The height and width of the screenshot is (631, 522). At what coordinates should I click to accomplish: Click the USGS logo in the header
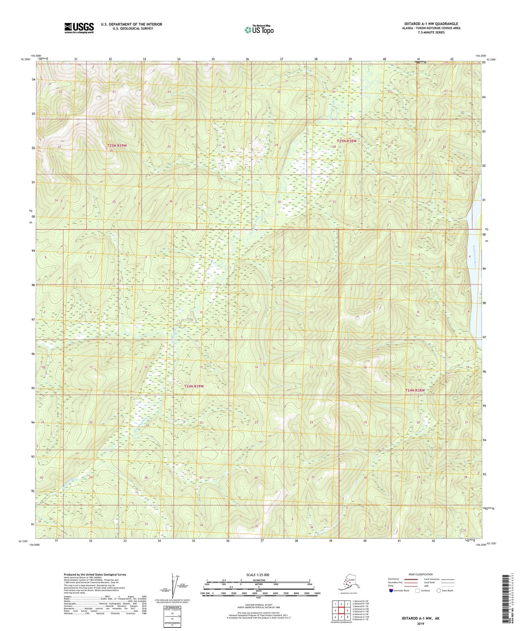79,28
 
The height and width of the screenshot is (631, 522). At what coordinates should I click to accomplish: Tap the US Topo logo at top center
259,30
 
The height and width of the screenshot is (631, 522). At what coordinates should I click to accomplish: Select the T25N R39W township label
117,145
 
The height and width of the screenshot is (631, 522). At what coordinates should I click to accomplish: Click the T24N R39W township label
194,386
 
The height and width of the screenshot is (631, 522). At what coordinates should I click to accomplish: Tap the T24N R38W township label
415,390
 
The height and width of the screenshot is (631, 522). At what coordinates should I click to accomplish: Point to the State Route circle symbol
439,591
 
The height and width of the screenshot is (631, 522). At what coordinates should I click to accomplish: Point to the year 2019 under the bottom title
420,623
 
